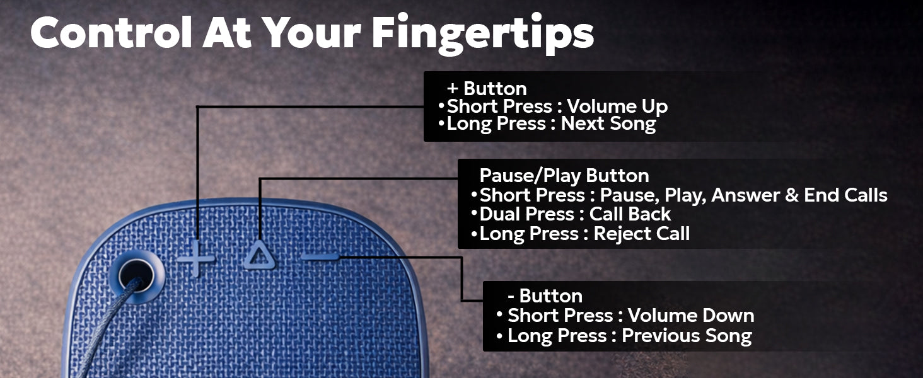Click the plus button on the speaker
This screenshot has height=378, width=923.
point(195,258)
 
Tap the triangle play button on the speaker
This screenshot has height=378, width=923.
point(258,256)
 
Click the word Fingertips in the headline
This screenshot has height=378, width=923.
point(482,33)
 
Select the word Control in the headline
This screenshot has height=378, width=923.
point(111,33)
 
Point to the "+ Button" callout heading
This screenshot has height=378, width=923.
point(487,89)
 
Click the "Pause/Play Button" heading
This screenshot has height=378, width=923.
point(564,175)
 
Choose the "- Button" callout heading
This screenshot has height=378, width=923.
point(545,296)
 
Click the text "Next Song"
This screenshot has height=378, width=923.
point(608,124)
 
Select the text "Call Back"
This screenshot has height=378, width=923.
point(630,214)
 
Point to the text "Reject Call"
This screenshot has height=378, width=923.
point(641,234)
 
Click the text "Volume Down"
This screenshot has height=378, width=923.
point(691,316)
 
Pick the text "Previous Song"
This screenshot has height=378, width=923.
point(687,336)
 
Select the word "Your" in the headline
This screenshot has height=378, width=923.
point(316,33)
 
